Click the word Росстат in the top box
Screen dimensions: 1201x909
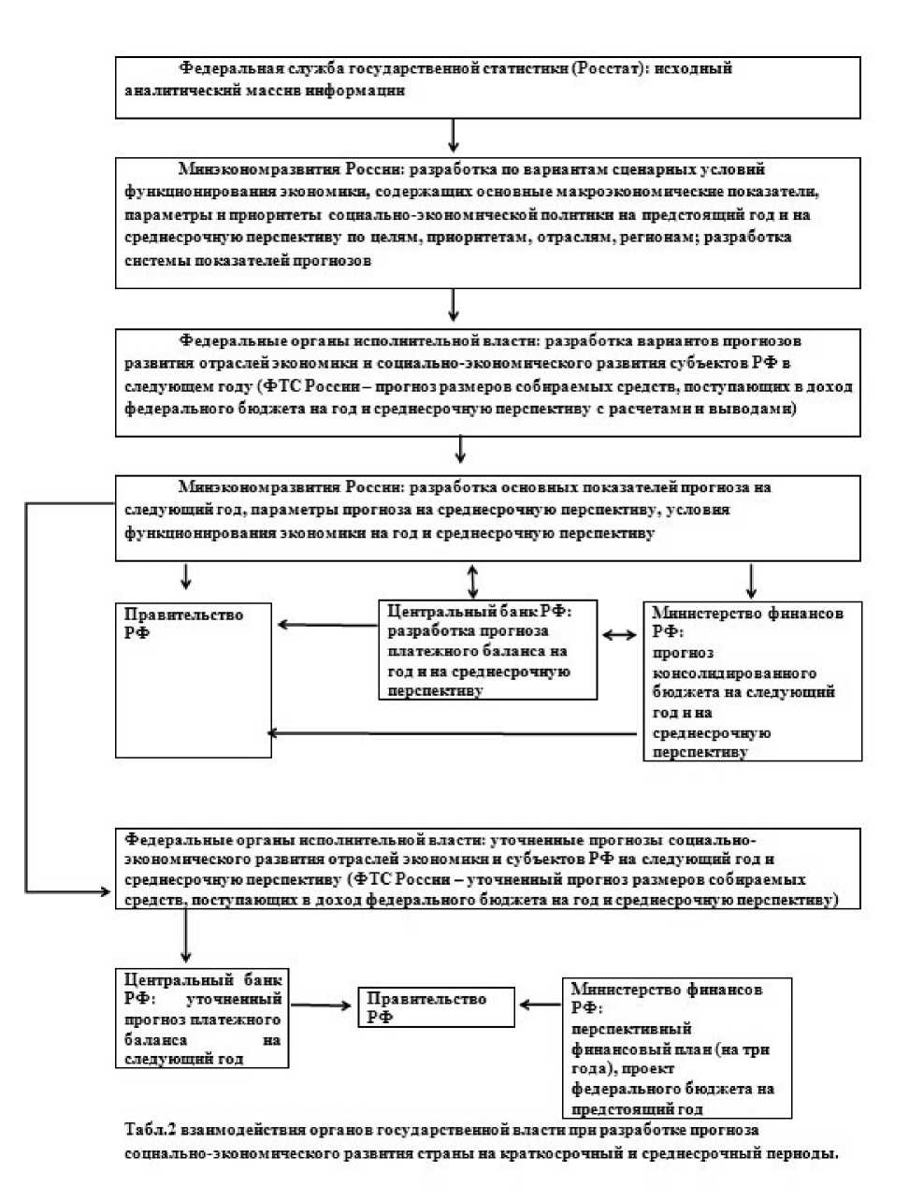(608, 69)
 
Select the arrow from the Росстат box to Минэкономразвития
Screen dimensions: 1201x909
(454, 136)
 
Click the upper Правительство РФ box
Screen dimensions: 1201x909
(193, 679)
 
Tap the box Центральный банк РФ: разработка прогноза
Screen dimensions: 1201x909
(487, 650)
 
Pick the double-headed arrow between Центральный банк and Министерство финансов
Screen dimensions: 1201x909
(620, 635)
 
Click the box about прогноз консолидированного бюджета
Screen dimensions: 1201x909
(752, 681)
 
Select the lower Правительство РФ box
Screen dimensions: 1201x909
(436, 1007)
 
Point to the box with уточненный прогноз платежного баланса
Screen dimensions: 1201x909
(202, 1019)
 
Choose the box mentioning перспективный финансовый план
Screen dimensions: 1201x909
(677, 1048)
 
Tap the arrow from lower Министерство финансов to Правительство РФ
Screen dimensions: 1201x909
(540, 1005)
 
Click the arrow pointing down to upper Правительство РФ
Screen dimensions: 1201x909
(186, 576)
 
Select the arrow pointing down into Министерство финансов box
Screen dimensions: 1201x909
(751, 581)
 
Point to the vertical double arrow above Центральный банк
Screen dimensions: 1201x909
(473, 581)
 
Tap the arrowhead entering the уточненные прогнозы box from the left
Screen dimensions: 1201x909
(105, 891)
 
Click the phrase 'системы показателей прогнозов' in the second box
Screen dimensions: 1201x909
(248, 261)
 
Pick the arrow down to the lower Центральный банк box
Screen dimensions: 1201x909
(186, 936)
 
